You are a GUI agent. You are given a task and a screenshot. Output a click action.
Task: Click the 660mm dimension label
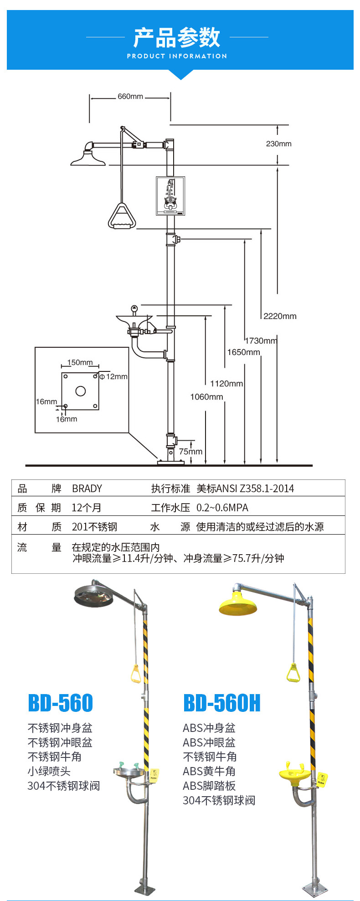[x=130, y=97]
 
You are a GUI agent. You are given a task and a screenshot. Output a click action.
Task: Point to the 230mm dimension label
[x=278, y=144]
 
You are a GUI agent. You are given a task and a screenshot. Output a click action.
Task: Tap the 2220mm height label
[x=280, y=316]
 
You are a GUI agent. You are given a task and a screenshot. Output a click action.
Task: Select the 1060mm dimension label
[x=206, y=397]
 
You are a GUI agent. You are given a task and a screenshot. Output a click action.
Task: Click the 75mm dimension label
[x=190, y=452]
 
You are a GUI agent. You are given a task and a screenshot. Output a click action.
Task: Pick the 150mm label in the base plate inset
[x=80, y=362]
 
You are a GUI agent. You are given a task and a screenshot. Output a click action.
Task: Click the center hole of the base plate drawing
[x=81, y=391]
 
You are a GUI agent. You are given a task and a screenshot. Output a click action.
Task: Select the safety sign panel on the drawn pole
[x=170, y=196]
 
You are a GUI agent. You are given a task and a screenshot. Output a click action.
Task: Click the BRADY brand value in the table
[x=87, y=489]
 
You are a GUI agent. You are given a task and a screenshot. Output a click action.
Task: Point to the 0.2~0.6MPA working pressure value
[x=222, y=508]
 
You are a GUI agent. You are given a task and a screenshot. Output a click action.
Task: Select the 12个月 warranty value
[x=87, y=508]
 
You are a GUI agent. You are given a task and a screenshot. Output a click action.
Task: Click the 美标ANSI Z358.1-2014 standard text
[x=245, y=489]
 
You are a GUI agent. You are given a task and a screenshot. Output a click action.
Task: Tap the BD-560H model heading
[x=222, y=703]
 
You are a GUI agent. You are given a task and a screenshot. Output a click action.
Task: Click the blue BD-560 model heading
[x=60, y=703]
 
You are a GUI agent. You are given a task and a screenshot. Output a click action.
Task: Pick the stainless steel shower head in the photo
[x=93, y=597]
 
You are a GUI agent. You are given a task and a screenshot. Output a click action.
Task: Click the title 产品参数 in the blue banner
[x=177, y=37]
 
